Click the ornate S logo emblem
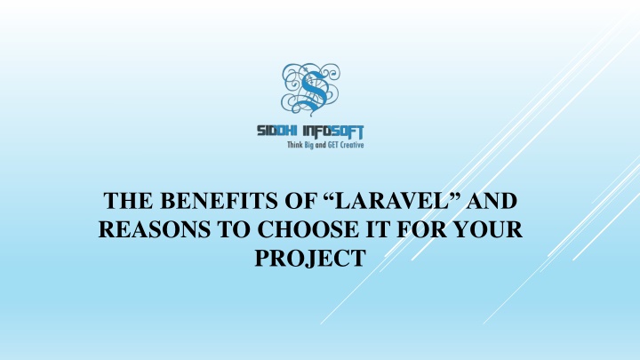[x=310, y=89]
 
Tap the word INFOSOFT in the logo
[x=333, y=132]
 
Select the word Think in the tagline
[x=295, y=145]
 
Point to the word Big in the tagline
[x=309, y=145]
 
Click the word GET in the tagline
[x=333, y=145]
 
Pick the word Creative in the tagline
[x=352, y=145]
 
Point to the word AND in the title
[x=492, y=201]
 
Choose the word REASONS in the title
[x=155, y=229]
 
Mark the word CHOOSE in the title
[x=308, y=229]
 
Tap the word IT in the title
[x=378, y=229]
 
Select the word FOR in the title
[x=421, y=229]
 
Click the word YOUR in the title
[x=488, y=229]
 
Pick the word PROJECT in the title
[x=310, y=258]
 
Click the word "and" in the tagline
[x=321, y=145]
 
